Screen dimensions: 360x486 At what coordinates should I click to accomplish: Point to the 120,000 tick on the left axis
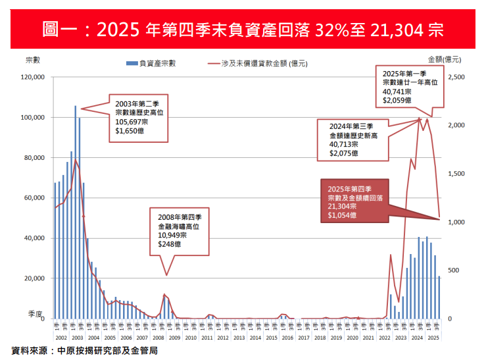(32, 77)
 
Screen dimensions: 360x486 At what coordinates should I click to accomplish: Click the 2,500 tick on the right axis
(456, 77)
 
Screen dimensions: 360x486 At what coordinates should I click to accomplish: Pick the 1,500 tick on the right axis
(456, 174)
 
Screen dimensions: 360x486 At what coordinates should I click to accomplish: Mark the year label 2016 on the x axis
(287, 337)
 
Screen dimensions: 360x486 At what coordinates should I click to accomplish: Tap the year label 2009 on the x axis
(174, 337)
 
